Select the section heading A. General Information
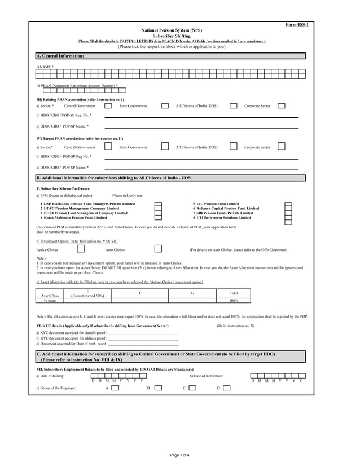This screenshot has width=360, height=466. click(x=60, y=56)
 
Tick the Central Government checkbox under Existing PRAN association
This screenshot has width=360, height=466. click(x=108, y=105)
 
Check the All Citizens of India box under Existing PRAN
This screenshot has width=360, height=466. click(x=233, y=105)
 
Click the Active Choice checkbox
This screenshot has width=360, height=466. click(x=81, y=249)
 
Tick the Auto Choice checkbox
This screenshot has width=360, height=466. click(x=159, y=249)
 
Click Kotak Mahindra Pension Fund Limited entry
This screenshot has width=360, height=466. click(x=73, y=217)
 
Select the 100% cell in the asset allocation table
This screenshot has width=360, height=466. click(x=234, y=300)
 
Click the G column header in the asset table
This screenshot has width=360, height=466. click(x=192, y=293)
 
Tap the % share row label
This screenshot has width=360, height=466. click(x=50, y=300)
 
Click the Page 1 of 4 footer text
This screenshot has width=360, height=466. click(x=180, y=454)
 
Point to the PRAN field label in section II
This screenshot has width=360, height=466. click(x=77, y=85)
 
